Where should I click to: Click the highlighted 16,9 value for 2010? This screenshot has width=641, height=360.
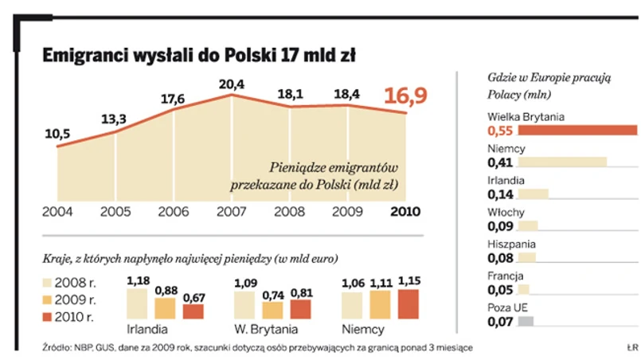pos(405,96)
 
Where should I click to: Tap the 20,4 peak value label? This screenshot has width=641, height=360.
pos(231,84)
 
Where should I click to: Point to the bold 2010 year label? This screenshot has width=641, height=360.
pos(405,212)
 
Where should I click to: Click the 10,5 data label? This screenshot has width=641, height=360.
pos(57,134)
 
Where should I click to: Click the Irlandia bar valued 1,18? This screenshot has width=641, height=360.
pos(137,304)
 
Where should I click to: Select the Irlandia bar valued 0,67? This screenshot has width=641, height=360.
pos(193,311)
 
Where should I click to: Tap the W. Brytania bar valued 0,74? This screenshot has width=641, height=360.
pos(272,311)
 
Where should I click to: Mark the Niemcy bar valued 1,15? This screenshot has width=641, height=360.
pos(407,304)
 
